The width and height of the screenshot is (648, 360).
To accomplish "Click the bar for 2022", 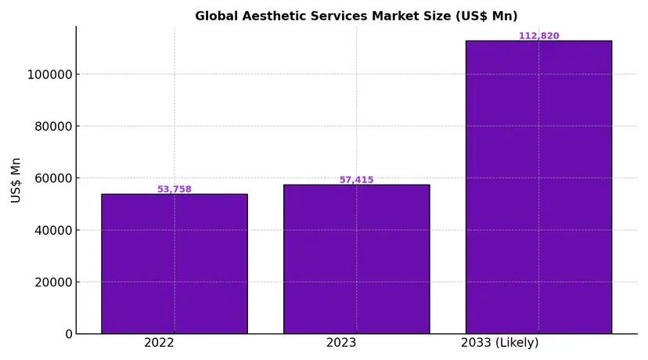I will click(175, 264).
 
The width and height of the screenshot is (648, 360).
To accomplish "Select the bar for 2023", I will click(356, 259).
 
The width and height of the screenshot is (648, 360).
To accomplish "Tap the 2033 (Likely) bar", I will click(538, 187).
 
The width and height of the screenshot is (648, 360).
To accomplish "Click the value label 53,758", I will click(175, 189).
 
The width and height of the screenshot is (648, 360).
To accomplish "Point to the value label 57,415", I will click(356, 180).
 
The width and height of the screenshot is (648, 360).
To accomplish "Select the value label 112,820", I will click(538, 36).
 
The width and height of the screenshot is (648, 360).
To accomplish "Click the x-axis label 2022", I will click(159, 343).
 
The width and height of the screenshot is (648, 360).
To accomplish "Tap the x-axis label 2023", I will click(341, 343).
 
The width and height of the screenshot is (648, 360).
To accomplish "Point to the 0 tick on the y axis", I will click(69, 334).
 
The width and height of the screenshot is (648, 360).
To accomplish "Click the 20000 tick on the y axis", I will click(51, 283).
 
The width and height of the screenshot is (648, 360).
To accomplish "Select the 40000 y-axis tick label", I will click(51, 230).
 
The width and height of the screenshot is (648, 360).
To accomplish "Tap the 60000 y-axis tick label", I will click(51, 178).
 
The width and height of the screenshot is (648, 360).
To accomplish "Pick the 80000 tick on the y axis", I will click(51, 127).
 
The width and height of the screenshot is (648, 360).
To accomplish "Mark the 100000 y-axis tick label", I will click(48, 75).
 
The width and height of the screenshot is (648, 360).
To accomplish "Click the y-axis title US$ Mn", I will click(16, 180).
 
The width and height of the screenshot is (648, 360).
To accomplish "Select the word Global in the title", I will click(213, 16).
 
